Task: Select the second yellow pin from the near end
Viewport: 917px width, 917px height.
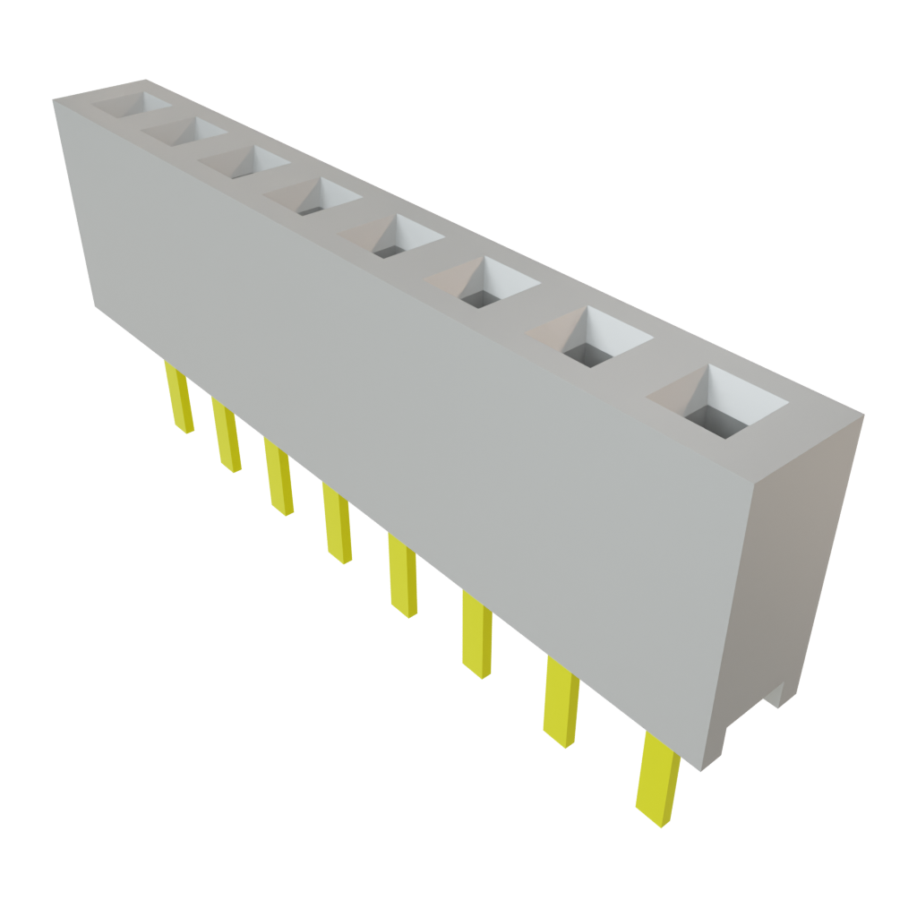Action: click(x=561, y=704)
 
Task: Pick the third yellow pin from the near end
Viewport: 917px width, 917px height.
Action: click(x=476, y=634)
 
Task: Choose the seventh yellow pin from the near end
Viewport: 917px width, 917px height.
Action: click(x=227, y=438)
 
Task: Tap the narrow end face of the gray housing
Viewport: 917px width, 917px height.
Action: click(x=788, y=573)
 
